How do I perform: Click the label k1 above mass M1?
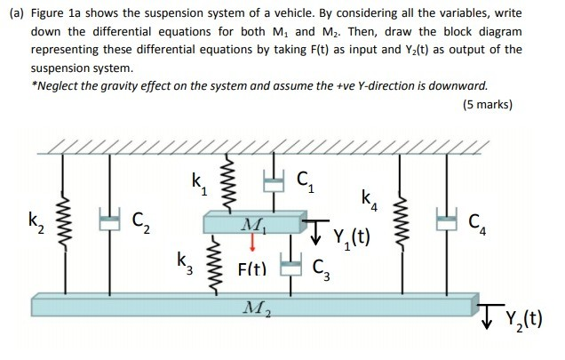pyautogui.click(x=198, y=183)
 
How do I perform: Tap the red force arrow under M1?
pyautogui.click(x=252, y=242)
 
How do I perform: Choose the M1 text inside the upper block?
pyautogui.click(x=253, y=223)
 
